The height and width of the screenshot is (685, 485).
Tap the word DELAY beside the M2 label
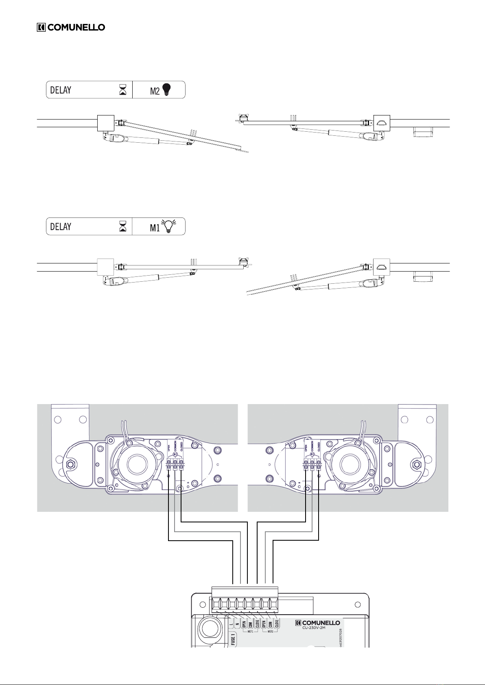(x=61, y=90)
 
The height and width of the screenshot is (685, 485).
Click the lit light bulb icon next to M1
(x=168, y=227)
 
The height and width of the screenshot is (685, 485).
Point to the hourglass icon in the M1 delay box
(x=122, y=227)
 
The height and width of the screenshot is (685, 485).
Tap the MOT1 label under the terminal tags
(x=250, y=631)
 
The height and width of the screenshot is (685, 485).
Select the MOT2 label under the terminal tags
(x=270, y=631)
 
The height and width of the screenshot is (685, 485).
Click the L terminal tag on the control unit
(x=231, y=623)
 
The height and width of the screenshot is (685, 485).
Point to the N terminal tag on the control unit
(x=237, y=623)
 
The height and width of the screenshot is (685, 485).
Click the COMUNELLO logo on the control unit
(x=318, y=622)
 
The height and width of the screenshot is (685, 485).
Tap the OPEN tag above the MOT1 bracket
(x=244, y=624)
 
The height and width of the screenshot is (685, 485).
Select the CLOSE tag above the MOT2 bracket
(x=277, y=624)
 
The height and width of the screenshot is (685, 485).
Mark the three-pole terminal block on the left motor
(x=175, y=463)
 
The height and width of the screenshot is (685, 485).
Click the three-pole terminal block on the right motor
(x=312, y=463)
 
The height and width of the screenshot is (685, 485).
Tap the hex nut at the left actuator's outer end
(x=70, y=463)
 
